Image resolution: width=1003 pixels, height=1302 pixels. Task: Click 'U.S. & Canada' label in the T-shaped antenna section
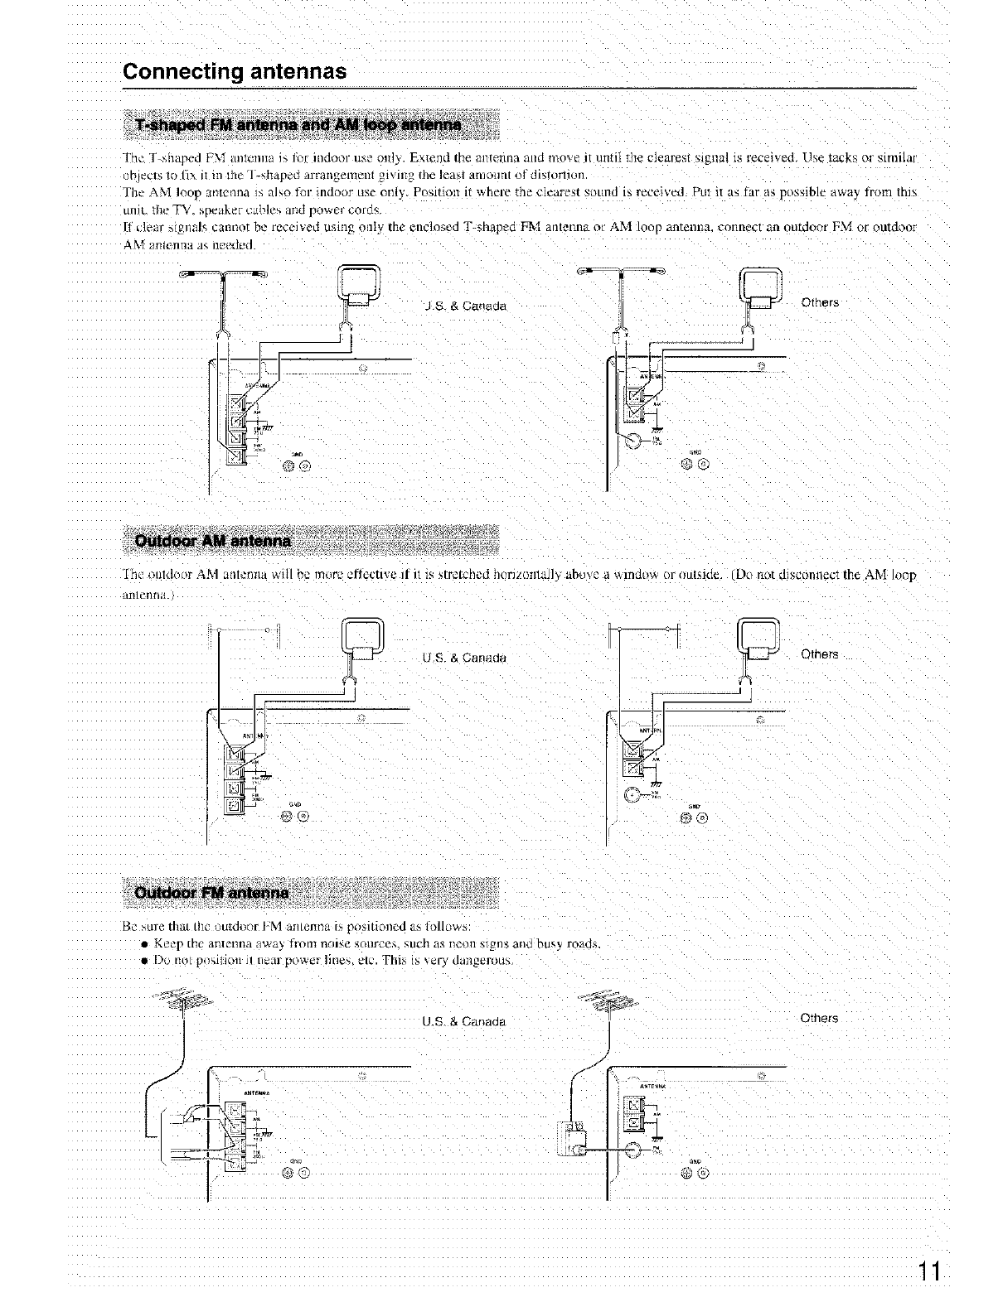coord(464,306)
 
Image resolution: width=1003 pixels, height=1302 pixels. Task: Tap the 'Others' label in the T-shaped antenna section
coord(820,302)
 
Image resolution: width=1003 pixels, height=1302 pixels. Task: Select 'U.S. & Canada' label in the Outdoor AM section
coord(464,658)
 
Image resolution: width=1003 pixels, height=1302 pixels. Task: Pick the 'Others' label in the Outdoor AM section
coord(820,654)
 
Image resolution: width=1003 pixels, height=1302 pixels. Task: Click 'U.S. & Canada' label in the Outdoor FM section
coord(464,1021)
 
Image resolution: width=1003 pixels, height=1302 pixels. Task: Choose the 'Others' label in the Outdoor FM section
coord(820,1018)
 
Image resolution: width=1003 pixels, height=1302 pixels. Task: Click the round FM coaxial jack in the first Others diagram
coord(635,441)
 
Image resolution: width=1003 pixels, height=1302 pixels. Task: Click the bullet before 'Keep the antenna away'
coord(143,943)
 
